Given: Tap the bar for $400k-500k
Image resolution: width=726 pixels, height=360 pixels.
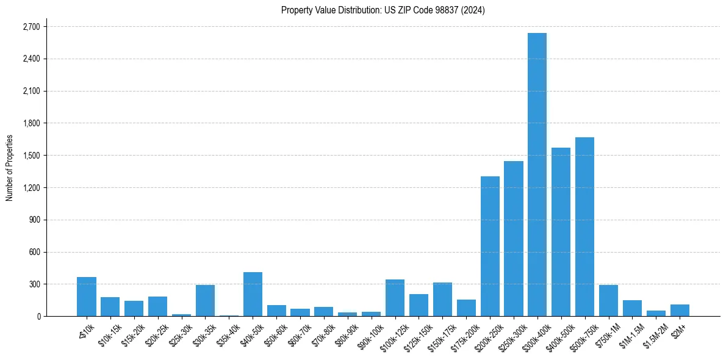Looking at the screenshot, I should (561, 232).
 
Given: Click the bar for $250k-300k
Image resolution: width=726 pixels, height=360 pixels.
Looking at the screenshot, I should (514, 239).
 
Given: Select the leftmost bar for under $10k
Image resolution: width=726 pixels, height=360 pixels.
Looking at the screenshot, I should (87, 297).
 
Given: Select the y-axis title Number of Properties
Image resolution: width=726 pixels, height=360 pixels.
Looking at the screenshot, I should (10, 168).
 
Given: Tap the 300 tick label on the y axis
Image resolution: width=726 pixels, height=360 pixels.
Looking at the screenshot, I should (34, 284).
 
